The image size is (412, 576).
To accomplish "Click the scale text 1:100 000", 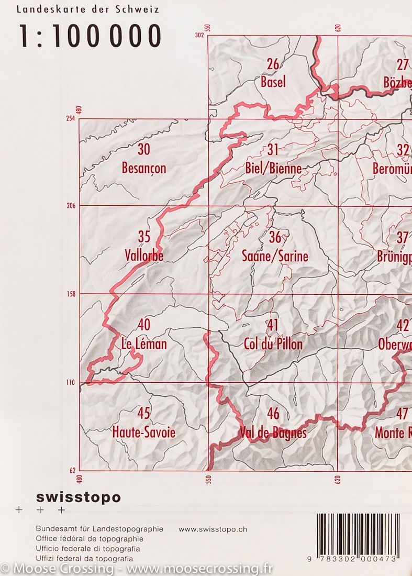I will pyautogui.click(x=90, y=36).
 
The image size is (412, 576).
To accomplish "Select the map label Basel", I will pyautogui.click(x=273, y=82).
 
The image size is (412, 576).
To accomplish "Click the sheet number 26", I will pyautogui.click(x=273, y=64).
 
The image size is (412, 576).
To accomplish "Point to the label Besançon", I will pyautogui.click(x=143, y=168).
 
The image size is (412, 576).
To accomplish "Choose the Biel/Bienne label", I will pyautogui.click(x=273, y=168).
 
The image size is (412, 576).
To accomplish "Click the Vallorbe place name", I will pyautogui.click(x=144, y=256).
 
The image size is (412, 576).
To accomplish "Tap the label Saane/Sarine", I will pyautogui.click(x=275, y=256).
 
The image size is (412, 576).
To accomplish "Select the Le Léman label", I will pyautogui.click(x=143, y=344).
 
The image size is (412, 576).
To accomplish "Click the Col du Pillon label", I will pyautogui.click(x=273, y=344).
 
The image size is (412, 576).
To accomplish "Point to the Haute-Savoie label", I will pyautogui.click(x=143, y=432).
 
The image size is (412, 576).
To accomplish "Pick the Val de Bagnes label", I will pyautogui.click(x=273, y=432).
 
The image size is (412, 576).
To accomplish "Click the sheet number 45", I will pyautogui.click(x=143, y=413).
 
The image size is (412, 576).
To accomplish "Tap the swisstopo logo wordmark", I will pyautogui.click(x=79, y=497).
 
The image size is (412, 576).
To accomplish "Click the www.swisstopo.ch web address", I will pyautogui.click(x=213, y=529).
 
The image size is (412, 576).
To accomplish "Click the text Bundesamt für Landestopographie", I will pyautogui.click(x=99, y=529).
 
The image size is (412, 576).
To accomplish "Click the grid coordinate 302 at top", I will pyautogui.click(x=198, y=35).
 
